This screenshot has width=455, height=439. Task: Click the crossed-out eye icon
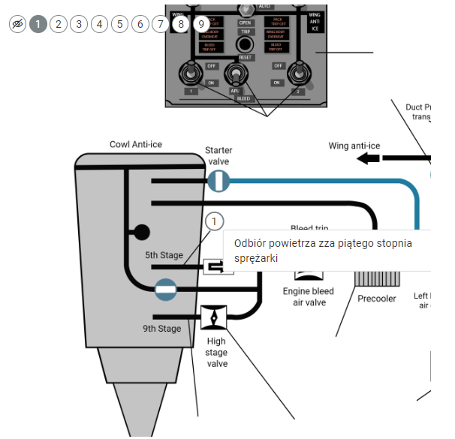17,24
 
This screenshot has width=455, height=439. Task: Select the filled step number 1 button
38,24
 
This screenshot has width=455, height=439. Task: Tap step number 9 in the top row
200,24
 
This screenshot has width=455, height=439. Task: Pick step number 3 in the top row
78,24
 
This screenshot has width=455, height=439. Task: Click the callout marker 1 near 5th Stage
215,221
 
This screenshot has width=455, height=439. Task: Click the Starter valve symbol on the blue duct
218,181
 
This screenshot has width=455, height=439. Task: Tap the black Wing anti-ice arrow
368,158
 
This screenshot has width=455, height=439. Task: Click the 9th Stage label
161,329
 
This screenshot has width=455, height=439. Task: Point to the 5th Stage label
164,256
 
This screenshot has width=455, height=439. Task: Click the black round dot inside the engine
141,233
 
